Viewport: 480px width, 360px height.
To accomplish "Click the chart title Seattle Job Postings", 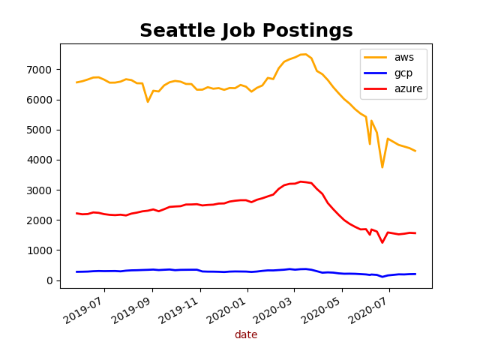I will point(246,31).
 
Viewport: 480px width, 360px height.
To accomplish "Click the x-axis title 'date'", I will point(246,335).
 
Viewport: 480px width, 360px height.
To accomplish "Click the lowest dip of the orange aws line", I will point(382,167).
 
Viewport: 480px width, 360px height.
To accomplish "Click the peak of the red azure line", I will point(300,181).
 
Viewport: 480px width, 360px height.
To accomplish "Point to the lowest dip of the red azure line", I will point(382,242).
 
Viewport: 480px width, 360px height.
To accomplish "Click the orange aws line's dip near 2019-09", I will point(148,102).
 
